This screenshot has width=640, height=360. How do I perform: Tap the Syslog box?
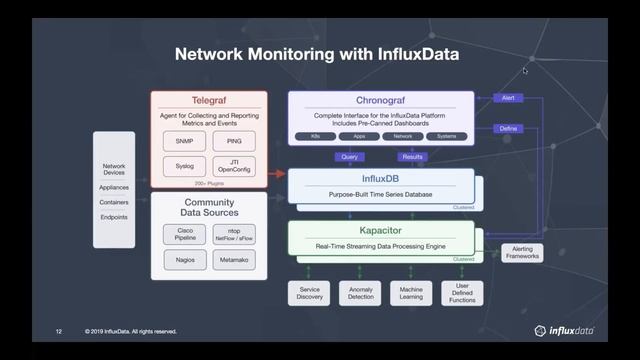[184, 166]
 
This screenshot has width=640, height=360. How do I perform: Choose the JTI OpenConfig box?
[234, 166]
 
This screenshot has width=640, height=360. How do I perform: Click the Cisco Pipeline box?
[184, 234]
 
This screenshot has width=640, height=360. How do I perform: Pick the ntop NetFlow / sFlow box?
[234, 234]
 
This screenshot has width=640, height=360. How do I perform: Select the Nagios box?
[184, 260]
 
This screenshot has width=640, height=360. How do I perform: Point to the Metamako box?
[234, 260]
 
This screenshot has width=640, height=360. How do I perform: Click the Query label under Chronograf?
[350, 156]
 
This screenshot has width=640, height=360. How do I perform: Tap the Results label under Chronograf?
[411, 156]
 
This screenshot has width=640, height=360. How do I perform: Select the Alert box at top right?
[508, 98]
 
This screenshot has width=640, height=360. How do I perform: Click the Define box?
[508, 129]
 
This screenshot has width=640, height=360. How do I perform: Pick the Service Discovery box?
[310, 294]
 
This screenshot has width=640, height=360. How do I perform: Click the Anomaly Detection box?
[360, 294]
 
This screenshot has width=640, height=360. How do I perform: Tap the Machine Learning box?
[411, 294]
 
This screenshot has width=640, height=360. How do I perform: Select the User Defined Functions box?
[462, 294]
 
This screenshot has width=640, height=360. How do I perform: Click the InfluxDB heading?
[380, 179]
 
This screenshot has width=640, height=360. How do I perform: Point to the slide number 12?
[59, 331]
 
